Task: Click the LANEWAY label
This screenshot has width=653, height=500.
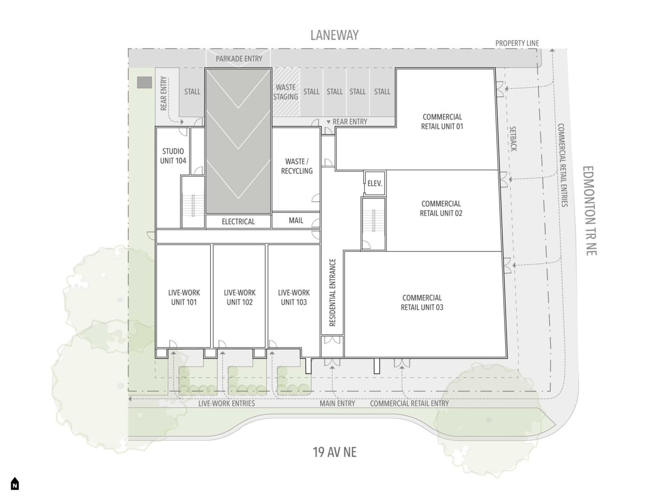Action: (x=335, y=35)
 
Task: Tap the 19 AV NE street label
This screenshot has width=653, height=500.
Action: (x=335, y=452)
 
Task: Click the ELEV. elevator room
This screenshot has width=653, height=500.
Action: (x=375, y=183)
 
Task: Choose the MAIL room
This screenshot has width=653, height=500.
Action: (x=296, y=220)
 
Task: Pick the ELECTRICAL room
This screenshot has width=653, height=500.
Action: (x=238, y=222)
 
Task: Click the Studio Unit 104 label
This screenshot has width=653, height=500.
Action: (x=173, y=156)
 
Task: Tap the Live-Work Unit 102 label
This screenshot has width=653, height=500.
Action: (x=239, y=297)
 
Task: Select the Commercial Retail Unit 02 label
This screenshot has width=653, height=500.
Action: (x=441, y=209)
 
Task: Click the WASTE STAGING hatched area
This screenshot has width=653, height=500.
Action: (x=286, y=92)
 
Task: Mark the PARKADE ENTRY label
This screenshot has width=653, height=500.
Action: (x=239, y=59)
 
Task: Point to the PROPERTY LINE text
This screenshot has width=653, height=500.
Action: (x=517, y=43)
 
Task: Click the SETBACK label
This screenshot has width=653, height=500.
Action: (x=513, y=139)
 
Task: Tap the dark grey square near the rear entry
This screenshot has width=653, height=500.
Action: (x=144, y=82)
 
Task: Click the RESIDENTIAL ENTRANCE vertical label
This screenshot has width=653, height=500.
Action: (x=332, y=292)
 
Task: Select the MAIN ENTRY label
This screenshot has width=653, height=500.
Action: (x=337, y=403)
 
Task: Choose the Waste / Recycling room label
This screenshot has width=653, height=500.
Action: (x=296, y=166)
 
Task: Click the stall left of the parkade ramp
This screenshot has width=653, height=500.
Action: (x=192, y=92)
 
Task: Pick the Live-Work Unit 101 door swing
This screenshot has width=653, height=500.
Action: (x=173, y=344)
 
